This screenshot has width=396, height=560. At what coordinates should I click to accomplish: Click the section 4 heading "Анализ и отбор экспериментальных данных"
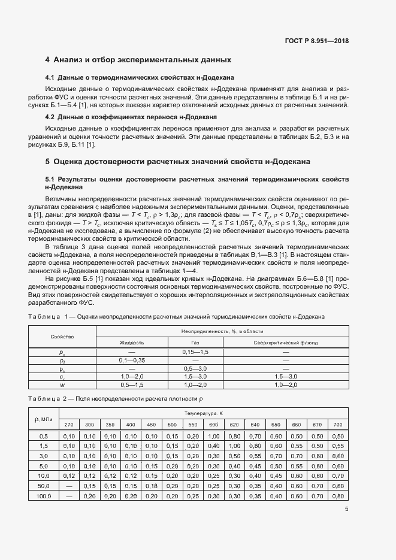(x=138, y=60)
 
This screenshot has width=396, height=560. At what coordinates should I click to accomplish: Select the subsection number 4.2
(x=50, y=116)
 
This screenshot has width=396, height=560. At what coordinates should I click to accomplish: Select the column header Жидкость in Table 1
(x=131, y=343)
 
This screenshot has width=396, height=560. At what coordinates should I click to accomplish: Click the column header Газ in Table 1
(x=195, y=343)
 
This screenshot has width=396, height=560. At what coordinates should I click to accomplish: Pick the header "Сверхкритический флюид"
(x=285, y=343)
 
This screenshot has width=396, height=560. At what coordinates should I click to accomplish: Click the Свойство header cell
(x=62, y=337)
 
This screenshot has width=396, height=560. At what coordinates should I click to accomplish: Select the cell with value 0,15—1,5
(x=195, y=352)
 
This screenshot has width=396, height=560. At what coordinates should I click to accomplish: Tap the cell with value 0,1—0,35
(x=131, y=361)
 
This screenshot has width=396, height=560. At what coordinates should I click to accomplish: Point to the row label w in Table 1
(x=62, y=385)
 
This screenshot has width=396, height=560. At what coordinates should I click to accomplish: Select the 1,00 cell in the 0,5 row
(x=213, y=436)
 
